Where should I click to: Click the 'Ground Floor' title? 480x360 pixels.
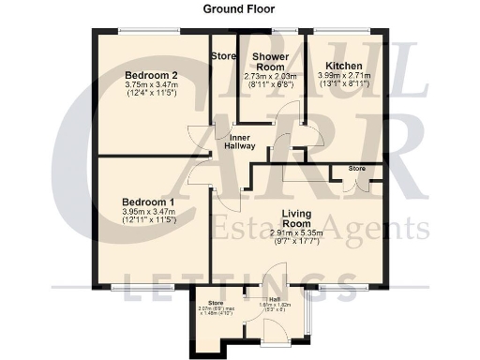pyautogui.click(x=239, y=8)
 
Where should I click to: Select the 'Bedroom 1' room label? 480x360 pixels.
pyautogui.click(x=148, y=202)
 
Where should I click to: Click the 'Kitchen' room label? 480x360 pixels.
pyautogui.click(x=344, y=66)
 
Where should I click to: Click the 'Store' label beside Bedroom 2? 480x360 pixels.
pyautogui.click(x=223, y=56)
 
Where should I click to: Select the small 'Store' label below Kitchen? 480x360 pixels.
pyautogui.click(x=356, y=169)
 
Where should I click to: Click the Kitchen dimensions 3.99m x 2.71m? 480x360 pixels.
pyautogui.click(x=344, y=77)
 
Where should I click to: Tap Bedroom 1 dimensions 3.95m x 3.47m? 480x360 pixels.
pyautogui.click(x=149, y=215)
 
